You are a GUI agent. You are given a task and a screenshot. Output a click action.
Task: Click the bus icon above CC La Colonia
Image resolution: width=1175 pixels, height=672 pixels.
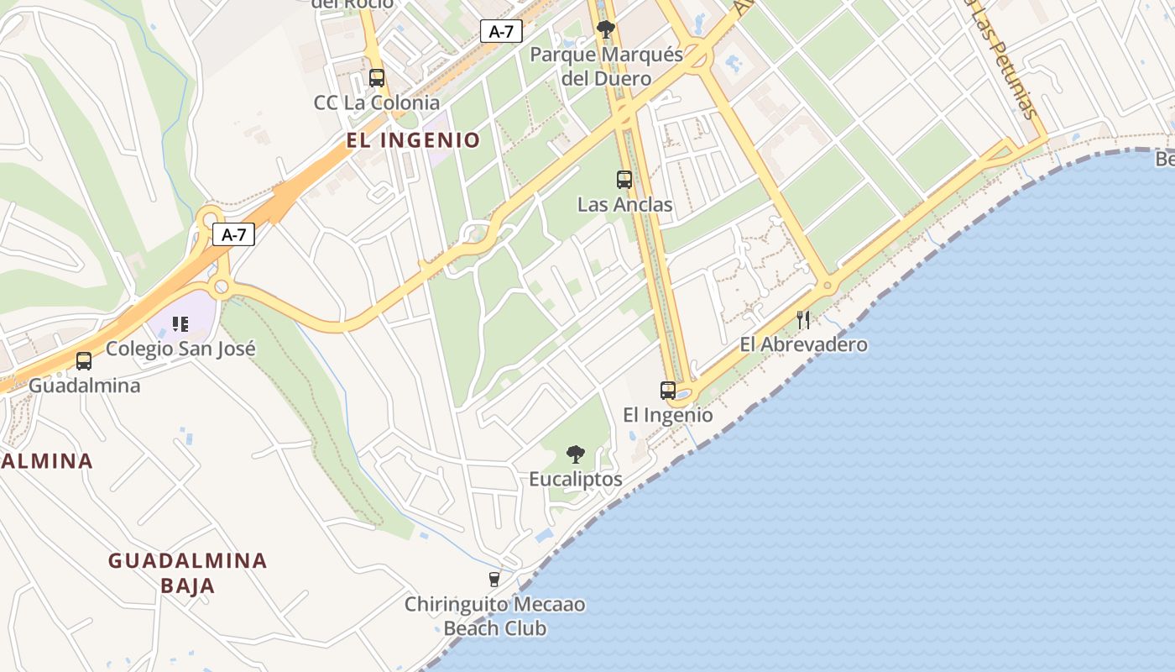[x=377, y=78]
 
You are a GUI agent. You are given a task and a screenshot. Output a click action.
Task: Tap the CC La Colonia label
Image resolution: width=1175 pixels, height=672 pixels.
[x=377, y=102]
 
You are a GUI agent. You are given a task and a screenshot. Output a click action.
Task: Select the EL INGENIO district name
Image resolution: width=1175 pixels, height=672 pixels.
[x=413, y=140]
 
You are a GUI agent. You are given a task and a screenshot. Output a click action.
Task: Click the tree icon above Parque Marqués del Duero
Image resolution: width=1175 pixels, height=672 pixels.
[x=605, y=30]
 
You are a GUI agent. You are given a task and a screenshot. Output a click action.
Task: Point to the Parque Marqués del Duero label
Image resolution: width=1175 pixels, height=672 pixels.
[x=607, y=66]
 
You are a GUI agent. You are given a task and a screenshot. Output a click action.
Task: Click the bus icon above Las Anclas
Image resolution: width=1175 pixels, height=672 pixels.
[x=624, y=179]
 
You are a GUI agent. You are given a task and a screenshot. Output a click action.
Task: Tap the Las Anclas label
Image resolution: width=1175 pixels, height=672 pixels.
[x=624, y=204]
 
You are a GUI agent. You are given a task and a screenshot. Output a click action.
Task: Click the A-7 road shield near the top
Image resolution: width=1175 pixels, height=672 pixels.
[x=501, y=32]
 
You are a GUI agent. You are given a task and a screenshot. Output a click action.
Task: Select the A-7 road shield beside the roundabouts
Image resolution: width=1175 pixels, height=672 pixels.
[x=233, y=234]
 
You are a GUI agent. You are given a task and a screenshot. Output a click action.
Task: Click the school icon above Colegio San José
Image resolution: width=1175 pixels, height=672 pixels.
[x=180, y=323]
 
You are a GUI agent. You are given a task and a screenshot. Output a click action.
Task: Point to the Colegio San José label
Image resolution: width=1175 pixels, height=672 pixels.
[x=180, y=349]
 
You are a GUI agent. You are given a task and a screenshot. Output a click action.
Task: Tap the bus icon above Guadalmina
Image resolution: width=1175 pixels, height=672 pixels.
[x=84, y=361]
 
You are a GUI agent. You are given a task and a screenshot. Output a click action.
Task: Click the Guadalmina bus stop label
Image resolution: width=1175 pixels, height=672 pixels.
[x=84, y=386]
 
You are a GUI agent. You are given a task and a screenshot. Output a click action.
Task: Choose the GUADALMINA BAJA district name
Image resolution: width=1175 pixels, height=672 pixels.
[x=188, y=573]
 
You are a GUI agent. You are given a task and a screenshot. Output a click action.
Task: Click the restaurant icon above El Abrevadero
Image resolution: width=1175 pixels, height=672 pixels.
[x=803, y=319]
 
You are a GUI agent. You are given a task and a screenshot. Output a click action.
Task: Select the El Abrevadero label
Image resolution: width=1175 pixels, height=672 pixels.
[x=803, y=344]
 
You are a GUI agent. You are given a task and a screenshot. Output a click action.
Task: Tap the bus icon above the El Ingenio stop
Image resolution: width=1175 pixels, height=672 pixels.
[x=668, y=390]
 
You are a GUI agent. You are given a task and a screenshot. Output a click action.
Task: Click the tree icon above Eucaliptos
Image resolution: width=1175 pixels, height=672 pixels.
[x=576, y=454]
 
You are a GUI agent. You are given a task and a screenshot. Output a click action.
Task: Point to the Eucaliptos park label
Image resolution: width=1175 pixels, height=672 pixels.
[x=576, y=479]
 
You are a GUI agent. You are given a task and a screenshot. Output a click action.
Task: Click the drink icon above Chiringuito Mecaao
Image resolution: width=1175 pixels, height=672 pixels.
[x=494, y=579]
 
